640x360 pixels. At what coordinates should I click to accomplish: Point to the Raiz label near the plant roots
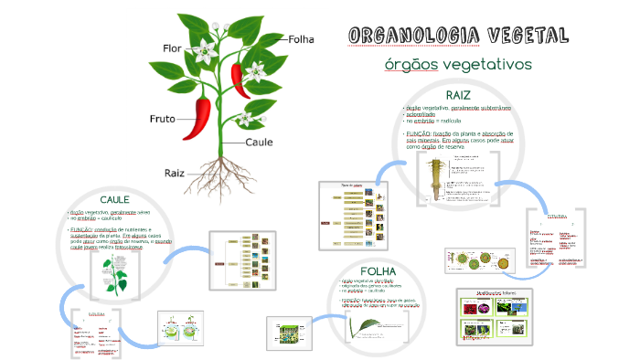(175, 172)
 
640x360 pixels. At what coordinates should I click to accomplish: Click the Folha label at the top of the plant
(301, 39)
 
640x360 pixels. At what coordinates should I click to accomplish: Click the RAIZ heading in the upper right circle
(458, 96)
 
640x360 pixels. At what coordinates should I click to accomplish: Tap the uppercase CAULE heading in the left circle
(114, 198)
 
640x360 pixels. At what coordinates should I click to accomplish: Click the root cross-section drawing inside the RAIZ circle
(432, 178)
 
